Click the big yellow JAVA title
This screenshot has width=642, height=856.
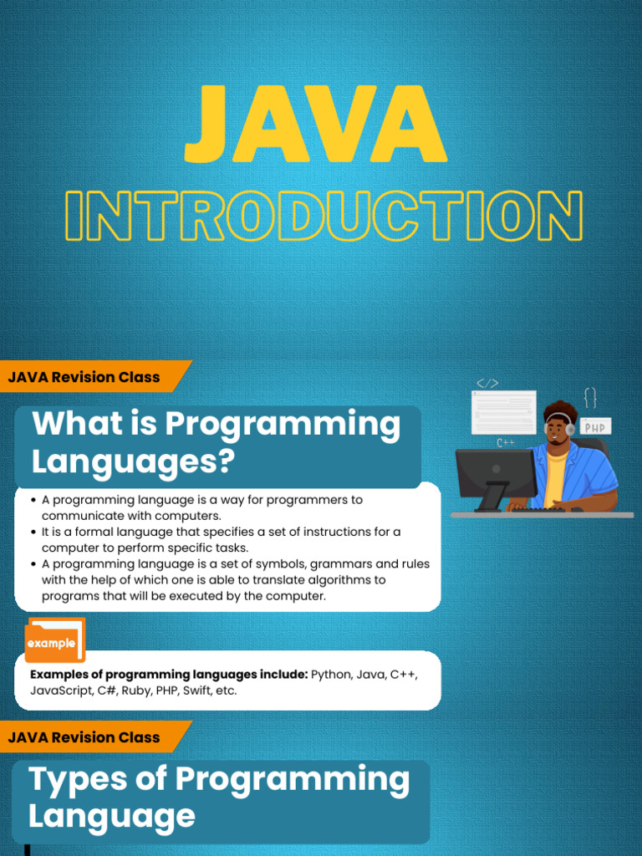coord(315,124)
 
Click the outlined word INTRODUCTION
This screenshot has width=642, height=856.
coord(324,216)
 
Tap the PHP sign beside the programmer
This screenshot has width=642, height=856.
coord(595,426)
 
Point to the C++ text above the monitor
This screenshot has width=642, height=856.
coord(506,443)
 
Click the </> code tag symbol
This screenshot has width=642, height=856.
coord(487,384)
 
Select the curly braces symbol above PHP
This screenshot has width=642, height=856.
coord(590,397)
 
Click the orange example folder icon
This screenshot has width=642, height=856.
coord(54,640)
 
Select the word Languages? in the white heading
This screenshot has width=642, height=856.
coord(133,461)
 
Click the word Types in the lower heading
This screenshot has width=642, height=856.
coord(78,780)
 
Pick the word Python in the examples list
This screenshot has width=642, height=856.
coord(331,675)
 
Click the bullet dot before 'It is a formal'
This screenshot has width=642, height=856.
coord(33,532)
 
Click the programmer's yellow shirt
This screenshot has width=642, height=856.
coord(554,477)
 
